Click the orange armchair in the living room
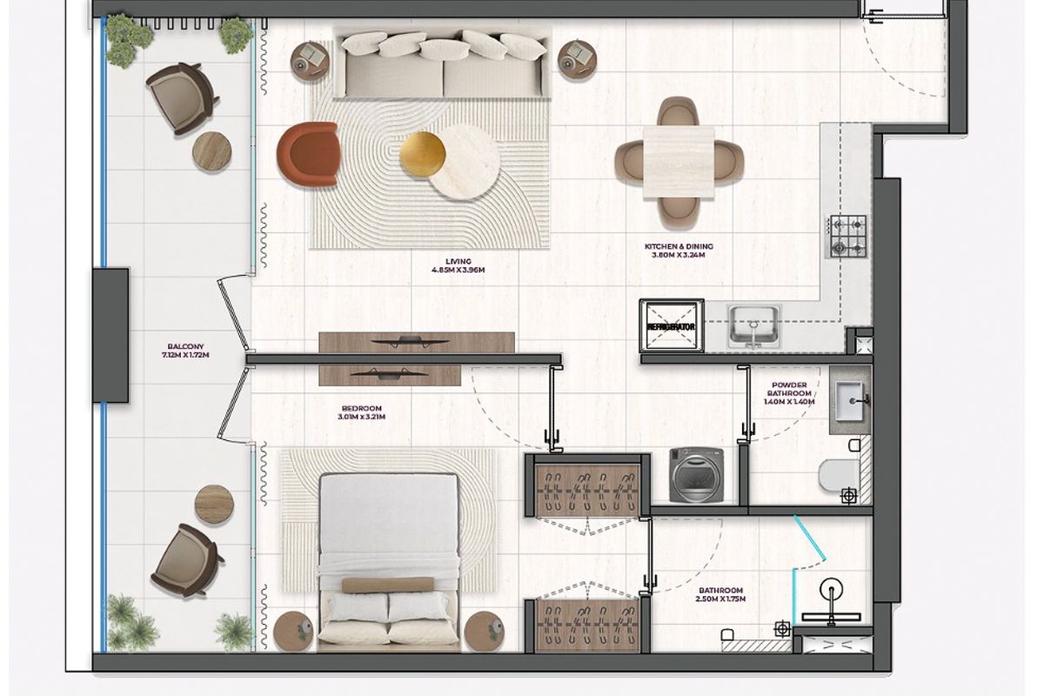309,154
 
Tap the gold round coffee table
422,154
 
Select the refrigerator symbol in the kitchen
671,326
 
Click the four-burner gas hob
847,237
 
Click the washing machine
696,475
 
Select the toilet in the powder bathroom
840,474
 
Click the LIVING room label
458,265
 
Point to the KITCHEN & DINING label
679,251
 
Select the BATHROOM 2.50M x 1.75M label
720,594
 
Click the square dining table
679,162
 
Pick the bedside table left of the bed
293,631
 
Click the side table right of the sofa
578,60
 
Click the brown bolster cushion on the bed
388,585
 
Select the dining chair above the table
679,112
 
